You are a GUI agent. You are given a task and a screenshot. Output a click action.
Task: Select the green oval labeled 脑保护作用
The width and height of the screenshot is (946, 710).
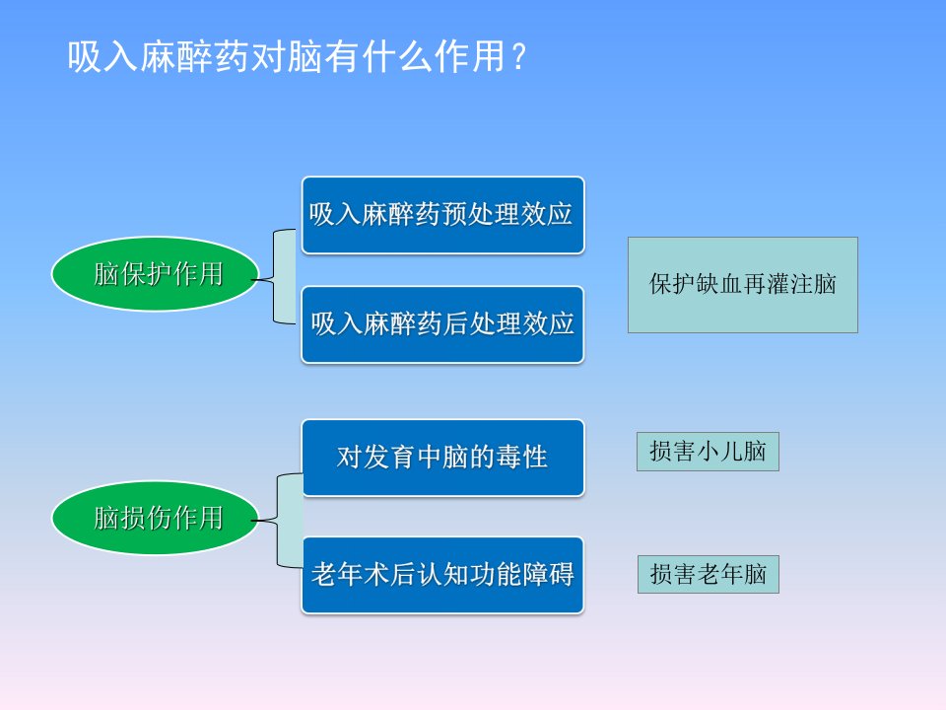pos(155,273)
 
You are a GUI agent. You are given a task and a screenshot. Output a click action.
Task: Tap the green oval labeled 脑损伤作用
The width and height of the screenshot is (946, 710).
pos(155,518)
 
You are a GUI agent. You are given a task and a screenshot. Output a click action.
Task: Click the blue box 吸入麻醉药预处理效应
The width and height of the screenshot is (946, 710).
pos(442,215)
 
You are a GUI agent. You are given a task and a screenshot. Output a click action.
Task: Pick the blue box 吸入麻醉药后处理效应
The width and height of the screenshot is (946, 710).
pos(442,324)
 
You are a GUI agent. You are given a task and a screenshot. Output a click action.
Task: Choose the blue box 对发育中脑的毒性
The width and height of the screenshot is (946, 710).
pos(442,458)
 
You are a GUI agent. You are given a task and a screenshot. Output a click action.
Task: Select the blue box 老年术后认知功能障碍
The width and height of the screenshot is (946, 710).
pos(442,575)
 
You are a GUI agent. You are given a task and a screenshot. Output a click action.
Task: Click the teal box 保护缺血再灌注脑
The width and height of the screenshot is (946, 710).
pos(743,285)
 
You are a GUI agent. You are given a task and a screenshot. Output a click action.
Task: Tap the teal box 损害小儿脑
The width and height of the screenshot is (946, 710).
pos(708,452)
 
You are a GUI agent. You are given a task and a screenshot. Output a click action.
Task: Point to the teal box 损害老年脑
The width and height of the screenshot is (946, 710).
pos(709,574)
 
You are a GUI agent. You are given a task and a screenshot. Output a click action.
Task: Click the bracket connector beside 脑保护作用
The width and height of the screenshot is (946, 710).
pos(275,276)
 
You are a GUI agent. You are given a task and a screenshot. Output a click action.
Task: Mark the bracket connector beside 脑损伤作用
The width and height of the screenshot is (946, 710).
pos(278,521)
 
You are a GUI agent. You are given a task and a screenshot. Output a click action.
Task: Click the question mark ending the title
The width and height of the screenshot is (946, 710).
pos(518,57)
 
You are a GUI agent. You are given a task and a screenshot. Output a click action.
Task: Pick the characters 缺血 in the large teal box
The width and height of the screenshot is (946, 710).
pos(719,284)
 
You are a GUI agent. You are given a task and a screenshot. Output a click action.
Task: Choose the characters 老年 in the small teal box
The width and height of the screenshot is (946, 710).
pos(719,574)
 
